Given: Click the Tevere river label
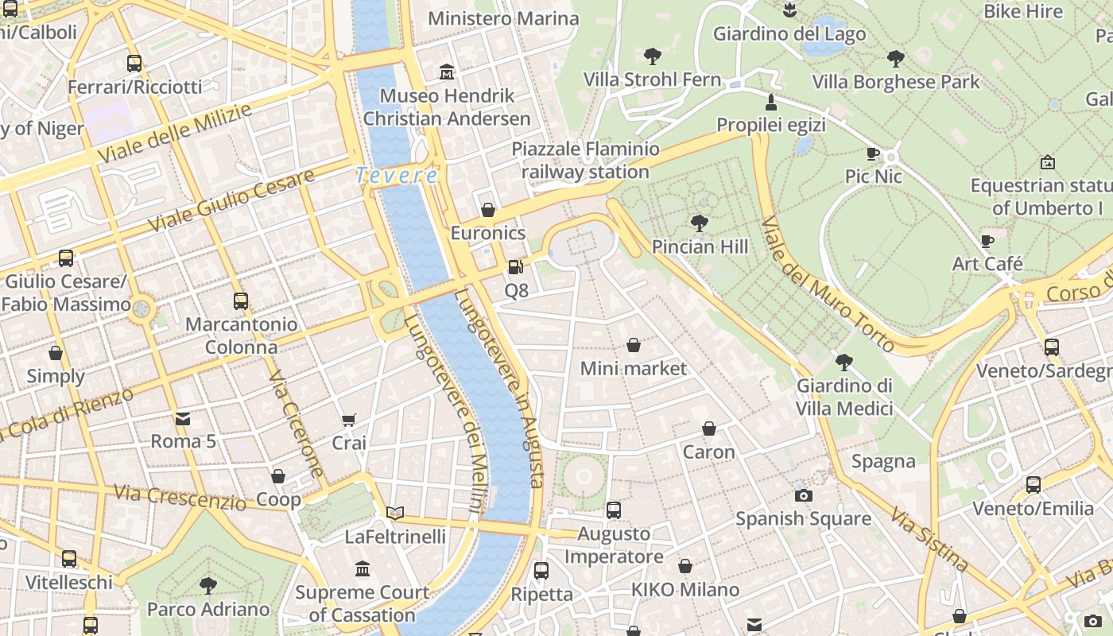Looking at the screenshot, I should [396, 175].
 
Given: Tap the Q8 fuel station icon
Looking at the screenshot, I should [516, 267].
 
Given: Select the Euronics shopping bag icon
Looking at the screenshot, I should [488, 210].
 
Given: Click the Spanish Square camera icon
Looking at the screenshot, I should [804, 495].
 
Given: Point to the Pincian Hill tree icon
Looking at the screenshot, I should [700, 223].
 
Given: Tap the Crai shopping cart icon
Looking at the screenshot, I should [349, 420].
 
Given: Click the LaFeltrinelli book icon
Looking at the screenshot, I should [395, 514].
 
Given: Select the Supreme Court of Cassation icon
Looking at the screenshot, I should [363, 568].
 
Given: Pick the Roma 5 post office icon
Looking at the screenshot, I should [183, 418].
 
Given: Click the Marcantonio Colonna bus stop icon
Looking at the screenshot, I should [241, 301].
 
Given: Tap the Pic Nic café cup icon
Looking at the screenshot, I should [873, 153].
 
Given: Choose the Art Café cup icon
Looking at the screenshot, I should [987, 241].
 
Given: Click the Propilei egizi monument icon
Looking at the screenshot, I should [770, 102].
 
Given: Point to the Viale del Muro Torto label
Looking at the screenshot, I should [827, 282].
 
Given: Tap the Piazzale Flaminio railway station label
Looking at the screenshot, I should [585, 160].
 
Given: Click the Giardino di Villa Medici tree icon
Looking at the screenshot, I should [844, 363].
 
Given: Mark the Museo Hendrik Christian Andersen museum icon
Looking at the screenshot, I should [447, 72].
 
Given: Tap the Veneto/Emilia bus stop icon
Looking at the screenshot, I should [1033, 485].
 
